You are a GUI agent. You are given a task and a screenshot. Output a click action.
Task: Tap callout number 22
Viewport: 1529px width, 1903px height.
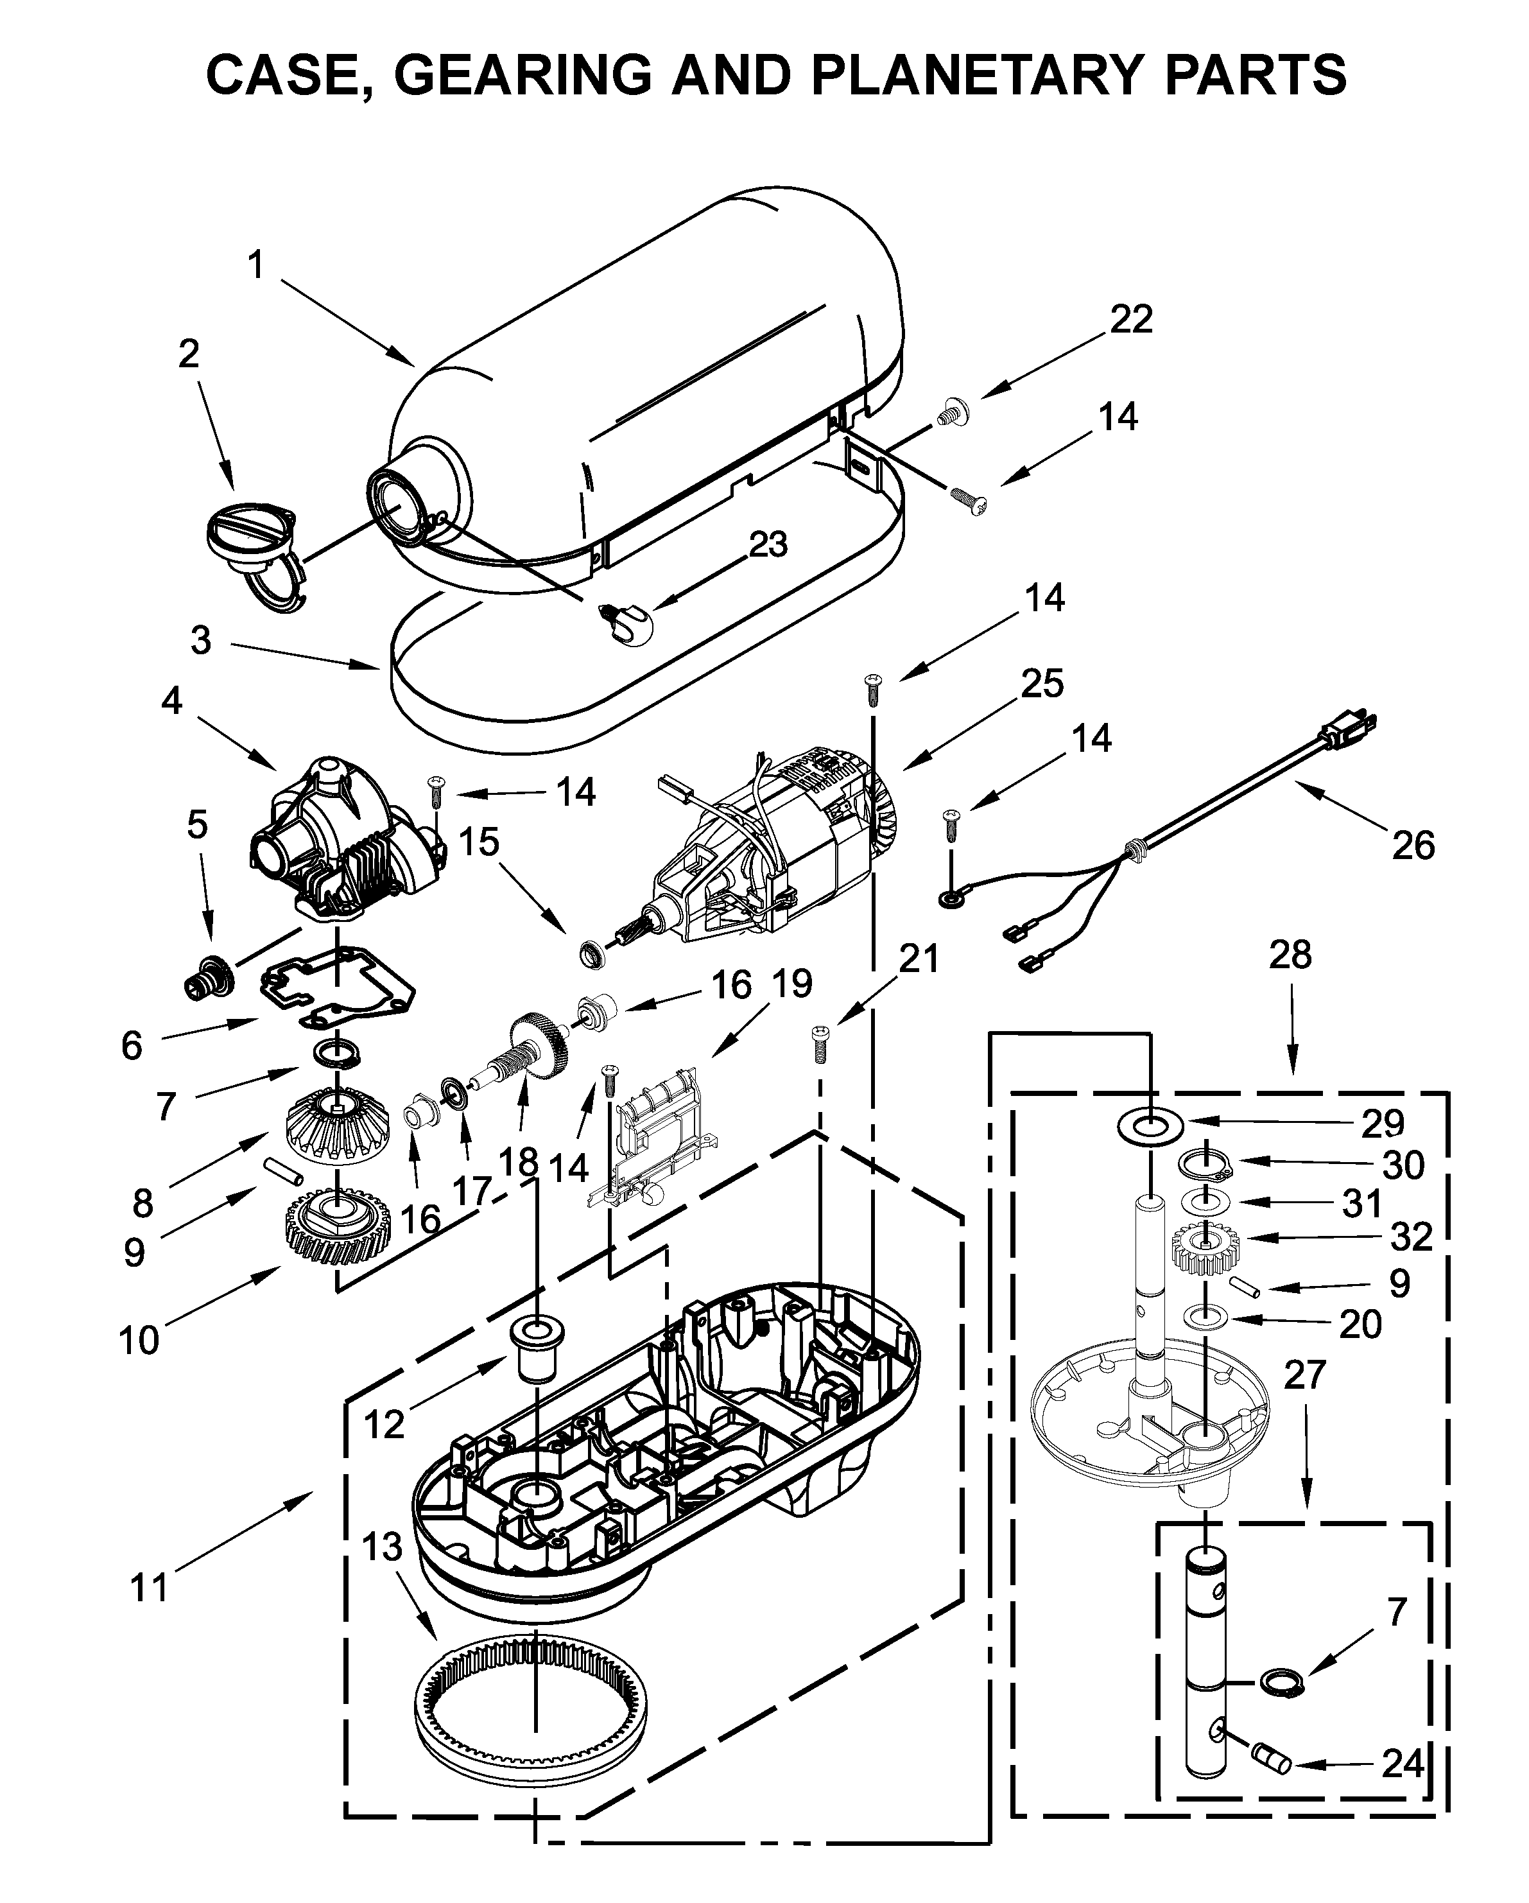tap(1130, 320)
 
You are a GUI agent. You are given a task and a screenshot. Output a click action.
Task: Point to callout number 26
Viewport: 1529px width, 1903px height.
tap(1413, 846)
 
